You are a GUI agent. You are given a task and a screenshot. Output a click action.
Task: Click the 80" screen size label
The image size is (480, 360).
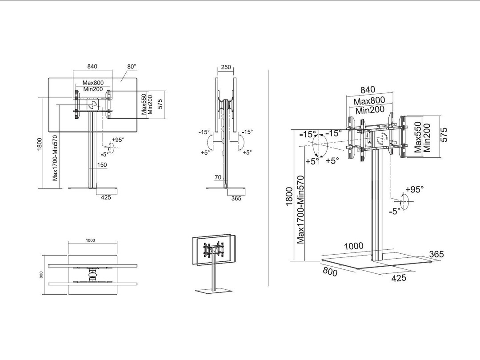[x=132, y=67]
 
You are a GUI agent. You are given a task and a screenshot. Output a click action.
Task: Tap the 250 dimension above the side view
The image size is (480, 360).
[x=226, y=68]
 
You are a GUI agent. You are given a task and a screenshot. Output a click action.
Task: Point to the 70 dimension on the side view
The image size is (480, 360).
[x=218, y=177]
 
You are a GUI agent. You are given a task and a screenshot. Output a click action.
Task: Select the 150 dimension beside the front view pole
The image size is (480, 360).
[x=102, y=165]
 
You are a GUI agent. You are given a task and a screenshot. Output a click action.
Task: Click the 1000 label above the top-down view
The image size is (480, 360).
[x=90, y=240]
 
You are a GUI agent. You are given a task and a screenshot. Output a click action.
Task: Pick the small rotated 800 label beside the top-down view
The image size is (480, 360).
[x=41, y=275]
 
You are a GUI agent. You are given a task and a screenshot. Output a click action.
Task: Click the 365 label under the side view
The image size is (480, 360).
[x=236, y=198]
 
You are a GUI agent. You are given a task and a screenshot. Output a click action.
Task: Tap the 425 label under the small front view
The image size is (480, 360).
[x=106, y=197]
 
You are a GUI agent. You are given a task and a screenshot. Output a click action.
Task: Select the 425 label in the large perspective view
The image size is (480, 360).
[x=399, y=278]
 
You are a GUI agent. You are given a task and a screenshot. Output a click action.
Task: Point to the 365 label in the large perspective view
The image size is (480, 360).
[x=436, y=254]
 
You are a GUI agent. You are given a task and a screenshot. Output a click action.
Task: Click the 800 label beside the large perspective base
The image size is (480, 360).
[x=330, y=272]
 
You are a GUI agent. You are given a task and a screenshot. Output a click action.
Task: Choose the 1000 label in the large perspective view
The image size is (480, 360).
[x=354, y=246]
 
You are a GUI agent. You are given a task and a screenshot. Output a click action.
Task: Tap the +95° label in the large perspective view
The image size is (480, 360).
[x=415, y=189]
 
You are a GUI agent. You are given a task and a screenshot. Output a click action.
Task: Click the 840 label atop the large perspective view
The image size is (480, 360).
[x=368, y=90]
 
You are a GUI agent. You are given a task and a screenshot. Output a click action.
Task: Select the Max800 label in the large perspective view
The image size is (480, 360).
[x=369, y=101]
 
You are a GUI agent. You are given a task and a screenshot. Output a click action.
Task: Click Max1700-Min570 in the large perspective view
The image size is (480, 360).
[x=300, y=210]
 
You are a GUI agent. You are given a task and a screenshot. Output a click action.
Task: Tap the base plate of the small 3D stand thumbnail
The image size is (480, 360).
[x=214, y=291]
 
